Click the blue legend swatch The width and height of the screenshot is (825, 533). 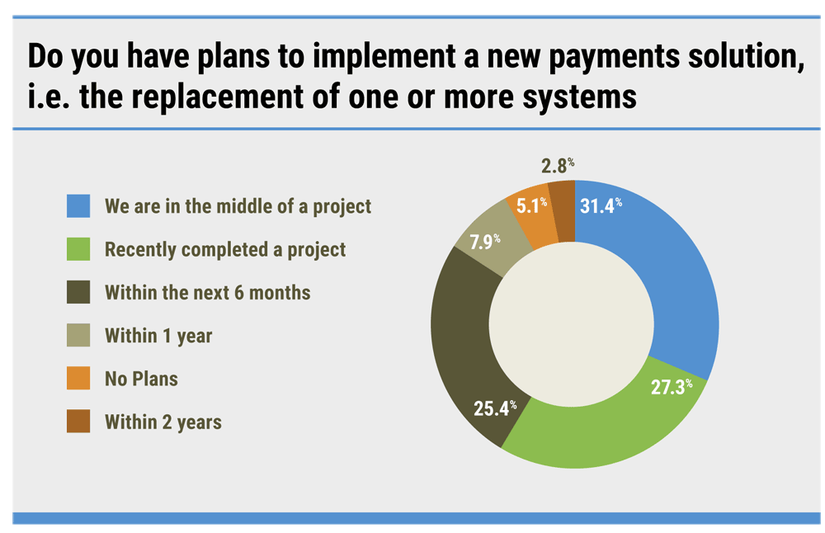tap(78, 205)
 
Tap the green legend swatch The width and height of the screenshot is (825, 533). tap(78, 249)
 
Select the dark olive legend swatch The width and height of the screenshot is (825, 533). tap(78, 292)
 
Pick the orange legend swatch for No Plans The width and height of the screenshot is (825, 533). tap(78, 379)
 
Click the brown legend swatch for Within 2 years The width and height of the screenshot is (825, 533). tap(78, 422)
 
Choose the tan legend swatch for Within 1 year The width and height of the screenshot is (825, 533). tap(78, 335)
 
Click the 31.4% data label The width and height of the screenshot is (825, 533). tap(601, 205)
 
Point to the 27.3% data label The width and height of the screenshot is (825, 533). tap(672, 387)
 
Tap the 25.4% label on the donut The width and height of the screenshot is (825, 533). tap(495, 408)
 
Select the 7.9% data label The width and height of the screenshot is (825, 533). tap(484, 242)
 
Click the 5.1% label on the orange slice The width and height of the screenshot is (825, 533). tap(531, 205)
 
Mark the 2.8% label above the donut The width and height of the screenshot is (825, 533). tap(558, 166)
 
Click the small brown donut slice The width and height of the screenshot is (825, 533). tap(562, 211)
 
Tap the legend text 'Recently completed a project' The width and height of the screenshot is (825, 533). tap(225, 249)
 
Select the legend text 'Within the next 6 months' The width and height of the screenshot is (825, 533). tap(208, 293)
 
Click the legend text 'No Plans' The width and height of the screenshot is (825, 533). tap(142, 379)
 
